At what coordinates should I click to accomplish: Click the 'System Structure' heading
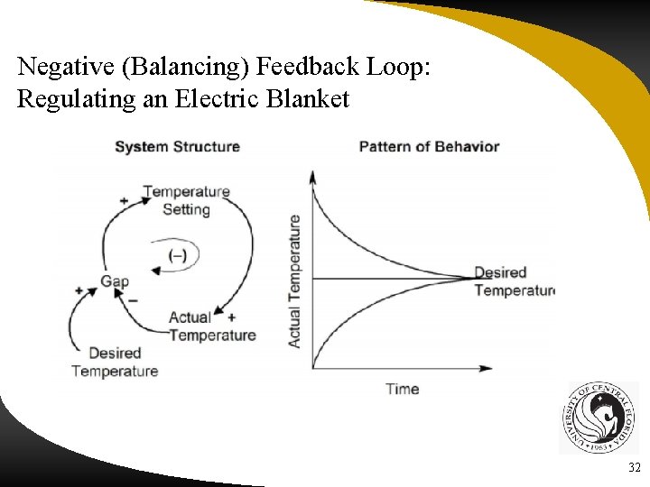point(177,147)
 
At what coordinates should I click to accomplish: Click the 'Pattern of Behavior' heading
point(429,147)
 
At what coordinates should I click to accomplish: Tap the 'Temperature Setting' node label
point(186,200)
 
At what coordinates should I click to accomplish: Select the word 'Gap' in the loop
point(115,281)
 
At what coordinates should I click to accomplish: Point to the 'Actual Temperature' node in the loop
point(212,326)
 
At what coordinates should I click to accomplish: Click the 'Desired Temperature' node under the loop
point(115,362)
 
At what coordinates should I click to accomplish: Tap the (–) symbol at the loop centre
point(178,255)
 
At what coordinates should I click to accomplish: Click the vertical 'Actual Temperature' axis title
point(294,280)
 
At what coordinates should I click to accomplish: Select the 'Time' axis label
point(402,389)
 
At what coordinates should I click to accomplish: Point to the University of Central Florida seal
point(597,418)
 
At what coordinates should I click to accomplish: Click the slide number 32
point(633,468)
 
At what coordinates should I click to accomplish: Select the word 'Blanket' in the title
point(307,99)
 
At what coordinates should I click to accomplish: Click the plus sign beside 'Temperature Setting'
point(124,199)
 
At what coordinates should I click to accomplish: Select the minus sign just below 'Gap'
point(133,299)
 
